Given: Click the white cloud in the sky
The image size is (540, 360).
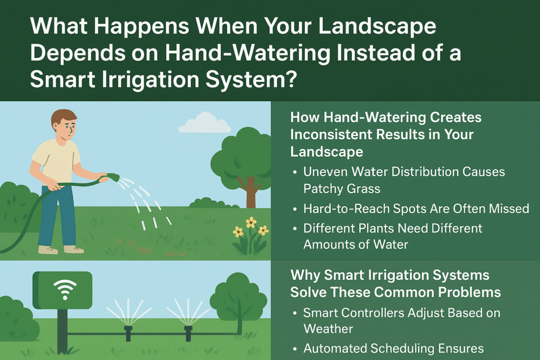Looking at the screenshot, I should pyautogui.click(x=205, y=125).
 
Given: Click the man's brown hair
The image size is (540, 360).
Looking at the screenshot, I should pyautogui.click(x=64, y=117).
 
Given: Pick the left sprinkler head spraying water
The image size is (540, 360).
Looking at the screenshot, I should pyautogui.click(x=128, y=331).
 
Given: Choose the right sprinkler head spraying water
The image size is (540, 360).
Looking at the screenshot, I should pyautogui.click(x=188, y=331).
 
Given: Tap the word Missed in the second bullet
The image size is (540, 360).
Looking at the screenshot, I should pyautogui.click(x=508, y=209).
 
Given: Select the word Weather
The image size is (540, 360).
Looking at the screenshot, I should pyautogui.click(x=328, y=328).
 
